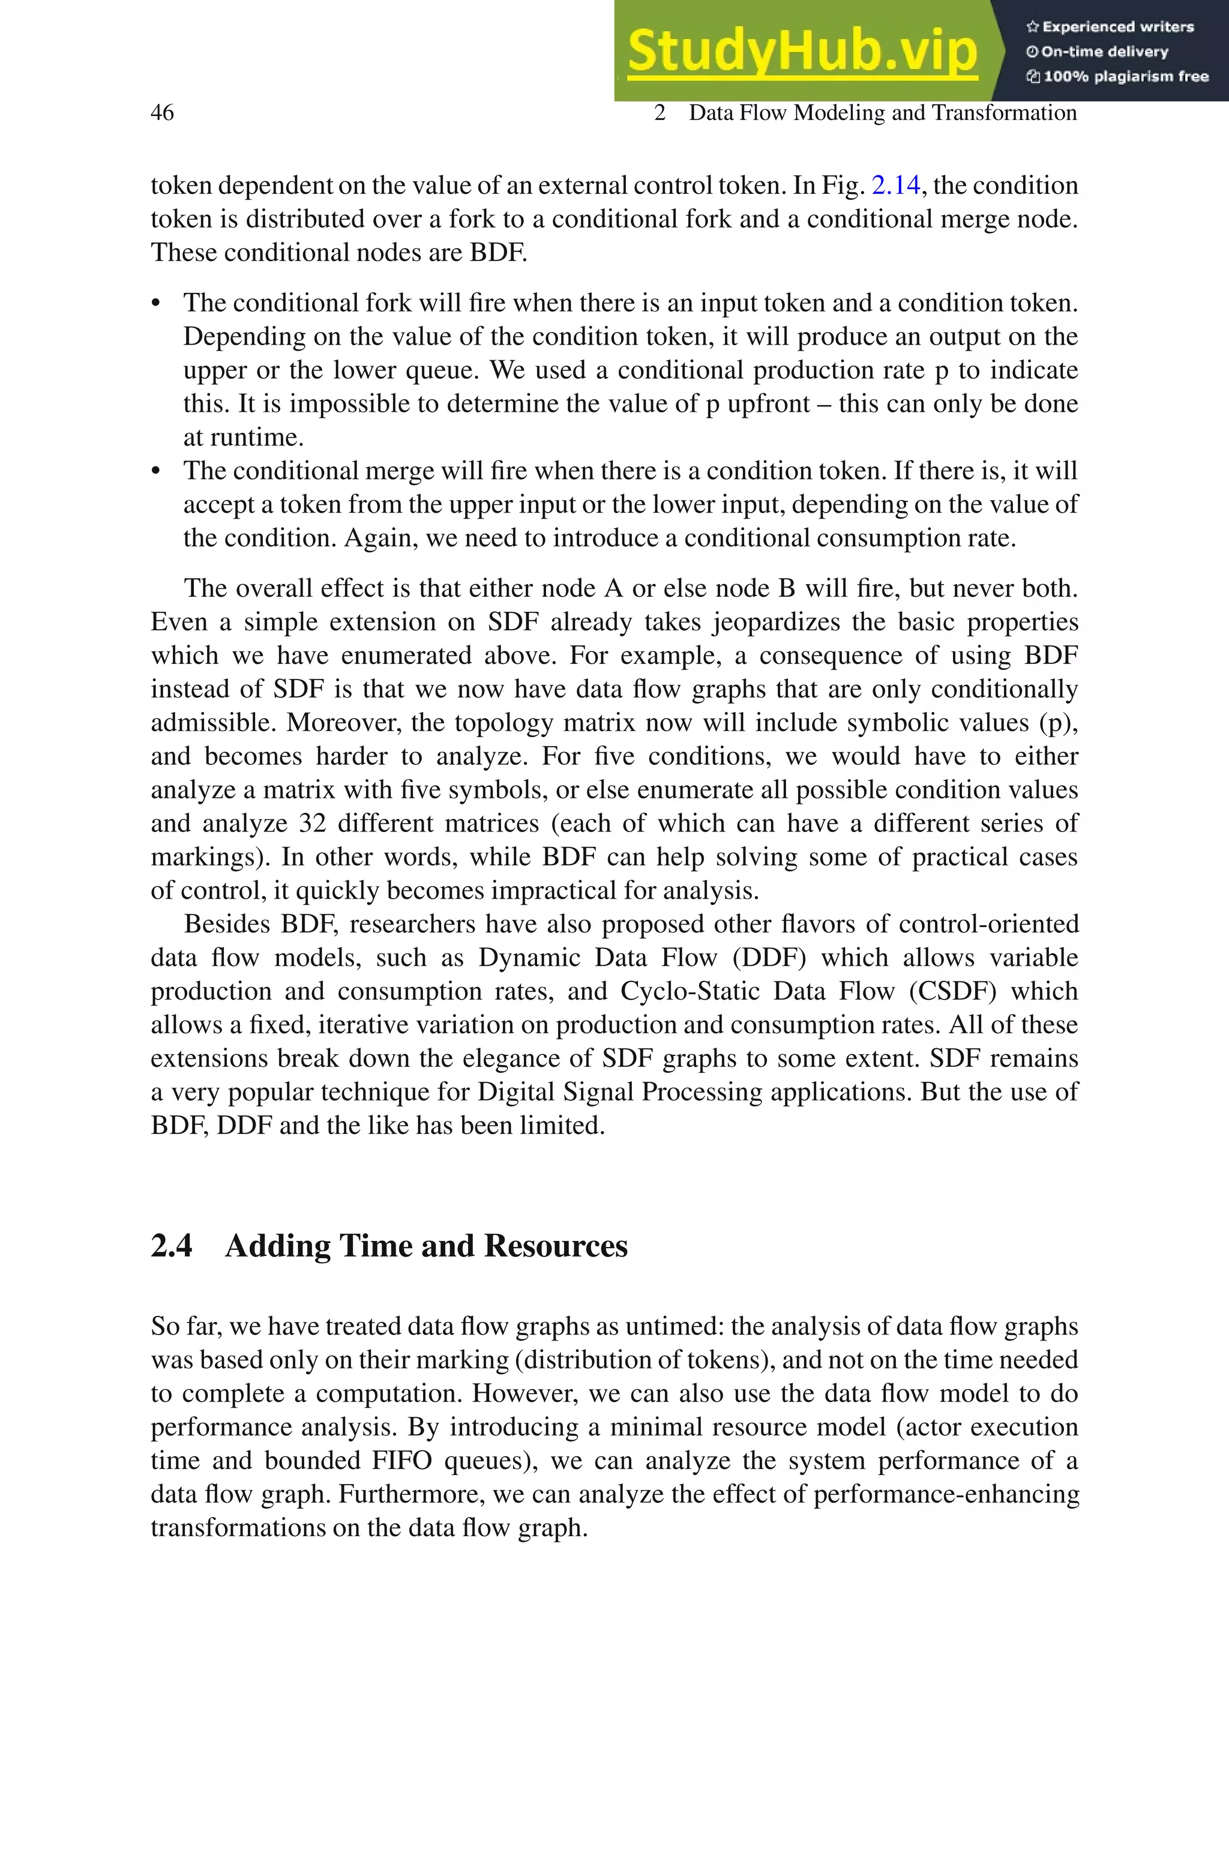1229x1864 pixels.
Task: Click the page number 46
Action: [162, 113]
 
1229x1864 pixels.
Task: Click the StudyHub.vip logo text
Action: [802, 52]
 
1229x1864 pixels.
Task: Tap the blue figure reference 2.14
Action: [895, 185]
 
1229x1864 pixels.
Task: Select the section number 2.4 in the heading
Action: [171, 1246]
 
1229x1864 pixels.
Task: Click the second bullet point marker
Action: [156, 472]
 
